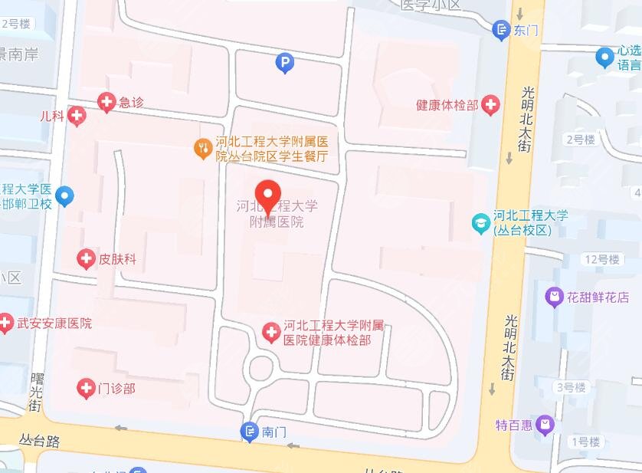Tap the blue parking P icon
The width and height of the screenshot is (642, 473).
click(285, 63)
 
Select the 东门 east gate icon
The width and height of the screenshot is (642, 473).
click(501, 30)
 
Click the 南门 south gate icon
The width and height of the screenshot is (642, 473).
click(250, 432)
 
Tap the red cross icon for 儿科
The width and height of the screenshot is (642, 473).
click(77, 117)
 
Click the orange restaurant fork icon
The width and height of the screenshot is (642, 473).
click(203, 148)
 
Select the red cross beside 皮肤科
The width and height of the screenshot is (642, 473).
click(87, 259)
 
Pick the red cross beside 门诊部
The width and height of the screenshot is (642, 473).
click(87, 389)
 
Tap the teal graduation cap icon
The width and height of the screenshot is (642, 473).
click(481, 223)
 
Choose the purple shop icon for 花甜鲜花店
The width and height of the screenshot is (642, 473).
click(553, 296)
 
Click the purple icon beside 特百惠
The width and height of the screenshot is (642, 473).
click(545, 423)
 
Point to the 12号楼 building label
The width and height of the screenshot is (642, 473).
click(601, 259)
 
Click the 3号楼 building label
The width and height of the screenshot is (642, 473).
click(571, 387)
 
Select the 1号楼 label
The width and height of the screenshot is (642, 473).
click(585, 442)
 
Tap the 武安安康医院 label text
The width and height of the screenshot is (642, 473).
click(54, 324)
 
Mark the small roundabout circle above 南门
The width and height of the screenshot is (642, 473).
click(263, 369)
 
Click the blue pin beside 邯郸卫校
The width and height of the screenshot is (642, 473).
click(66, 197)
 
